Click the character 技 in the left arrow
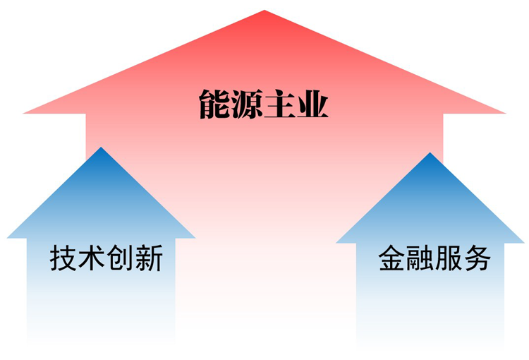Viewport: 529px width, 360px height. pos(63,259)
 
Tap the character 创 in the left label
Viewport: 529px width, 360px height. pos(121,259)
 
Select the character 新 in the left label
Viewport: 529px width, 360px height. pos(149,259)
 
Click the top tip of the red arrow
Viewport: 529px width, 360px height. pos(264,11)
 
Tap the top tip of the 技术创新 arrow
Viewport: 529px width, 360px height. pos(102,148)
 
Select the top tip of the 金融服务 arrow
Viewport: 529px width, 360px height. pos(430,153)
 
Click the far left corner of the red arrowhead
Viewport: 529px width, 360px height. pos(24,113)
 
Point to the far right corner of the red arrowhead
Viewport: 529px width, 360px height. pos(506,113)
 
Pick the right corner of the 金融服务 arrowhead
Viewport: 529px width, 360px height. pos(524,243)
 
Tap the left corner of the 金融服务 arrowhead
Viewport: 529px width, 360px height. pos(336,243)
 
